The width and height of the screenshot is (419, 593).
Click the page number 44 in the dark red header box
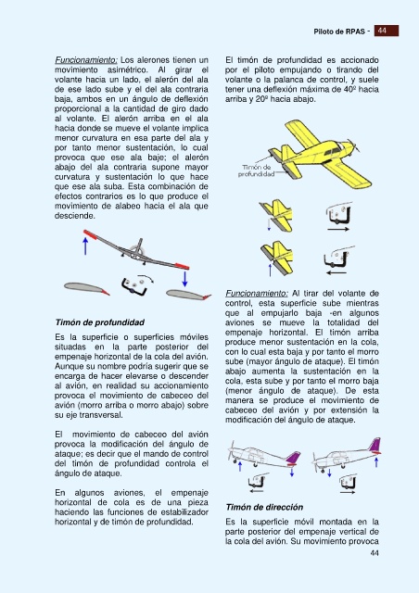[382, 31]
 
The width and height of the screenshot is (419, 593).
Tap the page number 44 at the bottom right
[374, 553]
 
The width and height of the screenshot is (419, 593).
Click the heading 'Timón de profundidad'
[99, 322]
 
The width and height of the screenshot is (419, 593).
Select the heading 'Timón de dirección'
[264, 507]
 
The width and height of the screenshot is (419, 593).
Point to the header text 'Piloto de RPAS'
[339, 32]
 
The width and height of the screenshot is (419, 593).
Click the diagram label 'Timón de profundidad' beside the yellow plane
[256, 170]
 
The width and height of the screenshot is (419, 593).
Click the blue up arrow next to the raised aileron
[85, 246]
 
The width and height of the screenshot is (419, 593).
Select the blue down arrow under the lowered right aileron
[184, 279]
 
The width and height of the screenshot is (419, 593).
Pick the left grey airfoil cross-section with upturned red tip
[86, 288]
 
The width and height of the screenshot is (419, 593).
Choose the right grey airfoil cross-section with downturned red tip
[188, 295]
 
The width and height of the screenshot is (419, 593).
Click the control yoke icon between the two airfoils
[134, 286]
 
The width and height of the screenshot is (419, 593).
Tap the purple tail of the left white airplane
[293, 458]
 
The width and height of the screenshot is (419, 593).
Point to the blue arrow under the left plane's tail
[292, 472]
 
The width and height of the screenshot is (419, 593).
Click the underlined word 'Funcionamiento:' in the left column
[86, 60]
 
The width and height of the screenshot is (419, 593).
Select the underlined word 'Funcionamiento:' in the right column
[257, 294]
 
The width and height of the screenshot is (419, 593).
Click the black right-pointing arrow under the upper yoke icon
[338, 229]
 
